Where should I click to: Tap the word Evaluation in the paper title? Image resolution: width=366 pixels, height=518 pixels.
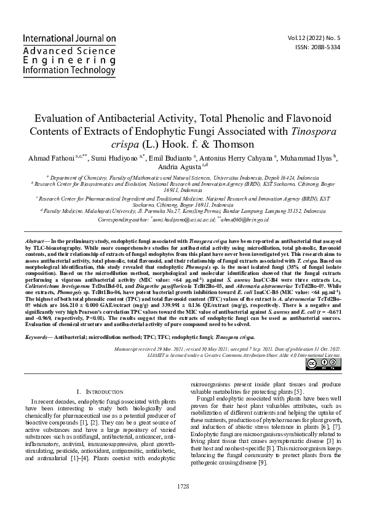pyautogui.click(x=59, y=118)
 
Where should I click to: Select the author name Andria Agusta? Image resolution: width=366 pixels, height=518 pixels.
pyautogui.click(x=181, y=169)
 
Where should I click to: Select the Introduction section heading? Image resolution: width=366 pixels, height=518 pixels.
pyautogui.click(x=101, y=391)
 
